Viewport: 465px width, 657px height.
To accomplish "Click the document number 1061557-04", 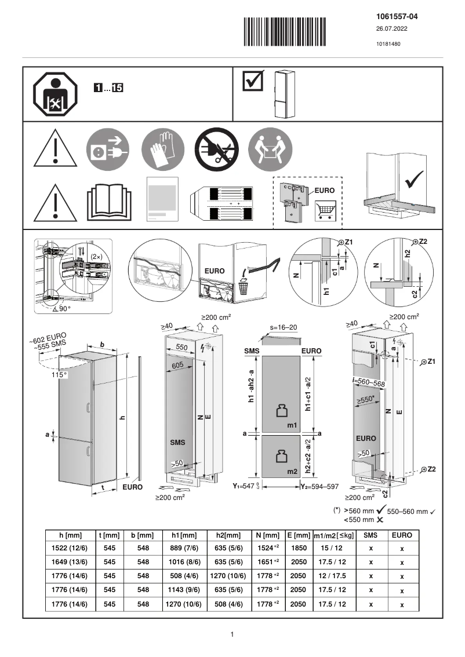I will point(397,17).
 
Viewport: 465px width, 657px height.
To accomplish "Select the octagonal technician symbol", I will point(56,94).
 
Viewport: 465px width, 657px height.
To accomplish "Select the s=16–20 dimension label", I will point(283,327).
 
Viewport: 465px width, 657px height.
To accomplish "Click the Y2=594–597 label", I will point(319,487).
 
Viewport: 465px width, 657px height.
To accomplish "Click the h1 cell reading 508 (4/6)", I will point(183,576).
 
